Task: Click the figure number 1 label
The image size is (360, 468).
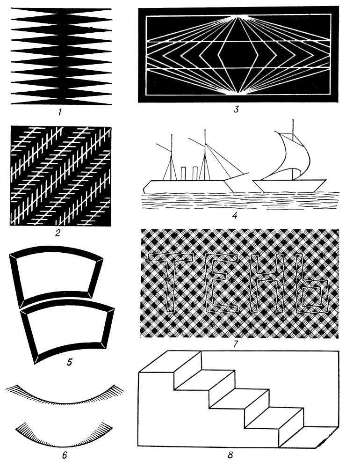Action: [x=60, y=112]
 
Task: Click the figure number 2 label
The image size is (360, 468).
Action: [x=58, y=233]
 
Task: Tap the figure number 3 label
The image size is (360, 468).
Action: [x=236, y=109]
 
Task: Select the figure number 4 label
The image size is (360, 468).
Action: [x=235, y=215]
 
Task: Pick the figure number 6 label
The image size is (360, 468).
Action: [x=65, y=455]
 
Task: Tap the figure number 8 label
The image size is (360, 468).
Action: [x=230, y=455]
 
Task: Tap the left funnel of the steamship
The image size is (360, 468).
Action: [x=183, y=174]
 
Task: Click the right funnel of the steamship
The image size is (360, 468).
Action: [x=195, y=174]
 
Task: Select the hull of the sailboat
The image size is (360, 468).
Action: [x=289, y=186]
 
